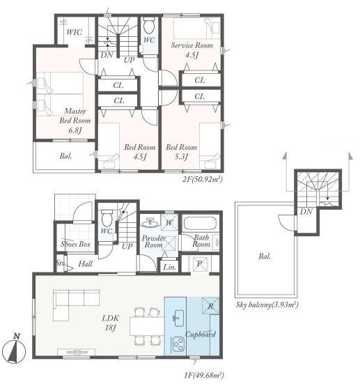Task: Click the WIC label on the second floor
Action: pyautogui.click(x=75, y=32)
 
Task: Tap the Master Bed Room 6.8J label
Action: pyautogui.click(x=75, y=121)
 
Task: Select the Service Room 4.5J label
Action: pyautogui.click(x=192, y=50)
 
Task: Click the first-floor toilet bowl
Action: pyautogui.click(x=107, y=218)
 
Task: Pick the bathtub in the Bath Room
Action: pyautogui.click(x=200, y=223)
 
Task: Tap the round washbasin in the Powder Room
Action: pyautogui.click(x=150, y=223)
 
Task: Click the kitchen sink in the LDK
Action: pyautogui.click(x=179, y=318)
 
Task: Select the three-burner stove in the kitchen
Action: pyautogui.click(x=178, y=344)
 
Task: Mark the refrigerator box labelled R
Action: pyautogui.click(x=210, y=306)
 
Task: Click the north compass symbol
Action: pyautogui.click(x=15, y=349)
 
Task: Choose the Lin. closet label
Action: pyautogui.click(x=170, y=267)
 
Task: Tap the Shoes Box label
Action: pyautogui.click(x=76, y=244)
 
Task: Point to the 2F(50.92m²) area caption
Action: pyautogui.click(x=203, y=180)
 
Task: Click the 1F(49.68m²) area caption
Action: pyautogui.click(x=204, y=375)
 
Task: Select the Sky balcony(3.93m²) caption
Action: pyautogui.click(x=267, y=305)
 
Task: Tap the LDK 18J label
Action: pyautogui.click(x=111, y=323)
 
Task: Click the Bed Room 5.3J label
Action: pyautogui.click(x=181, y=152)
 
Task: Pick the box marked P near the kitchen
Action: pyautogui.click(x=200, y=264)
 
